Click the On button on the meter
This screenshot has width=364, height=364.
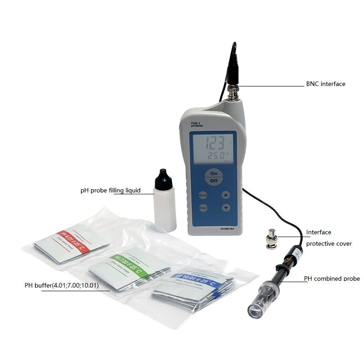pos(214,173)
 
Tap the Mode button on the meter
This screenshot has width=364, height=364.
pos(203,195)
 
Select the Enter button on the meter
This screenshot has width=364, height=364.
pos(203,208)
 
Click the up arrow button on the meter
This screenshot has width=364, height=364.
pos(226,195)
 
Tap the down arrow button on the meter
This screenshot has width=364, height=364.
pos(226,208)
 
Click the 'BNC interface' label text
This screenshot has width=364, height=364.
pos(325,84)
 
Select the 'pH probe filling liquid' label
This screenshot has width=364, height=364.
pos(111,190)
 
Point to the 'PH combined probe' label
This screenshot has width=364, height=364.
pos(332,278)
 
